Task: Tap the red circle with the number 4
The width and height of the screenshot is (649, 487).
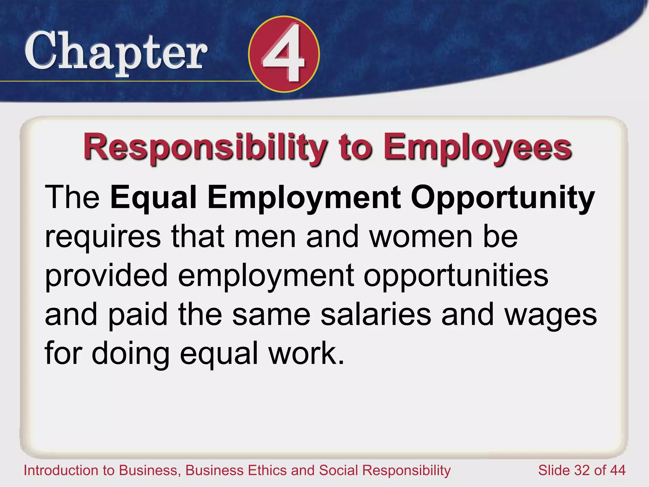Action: [x=284, y=54]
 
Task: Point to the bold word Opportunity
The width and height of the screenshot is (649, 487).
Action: [x=503, y=198]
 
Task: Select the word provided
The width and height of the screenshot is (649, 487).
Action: [x=106, y=276]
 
